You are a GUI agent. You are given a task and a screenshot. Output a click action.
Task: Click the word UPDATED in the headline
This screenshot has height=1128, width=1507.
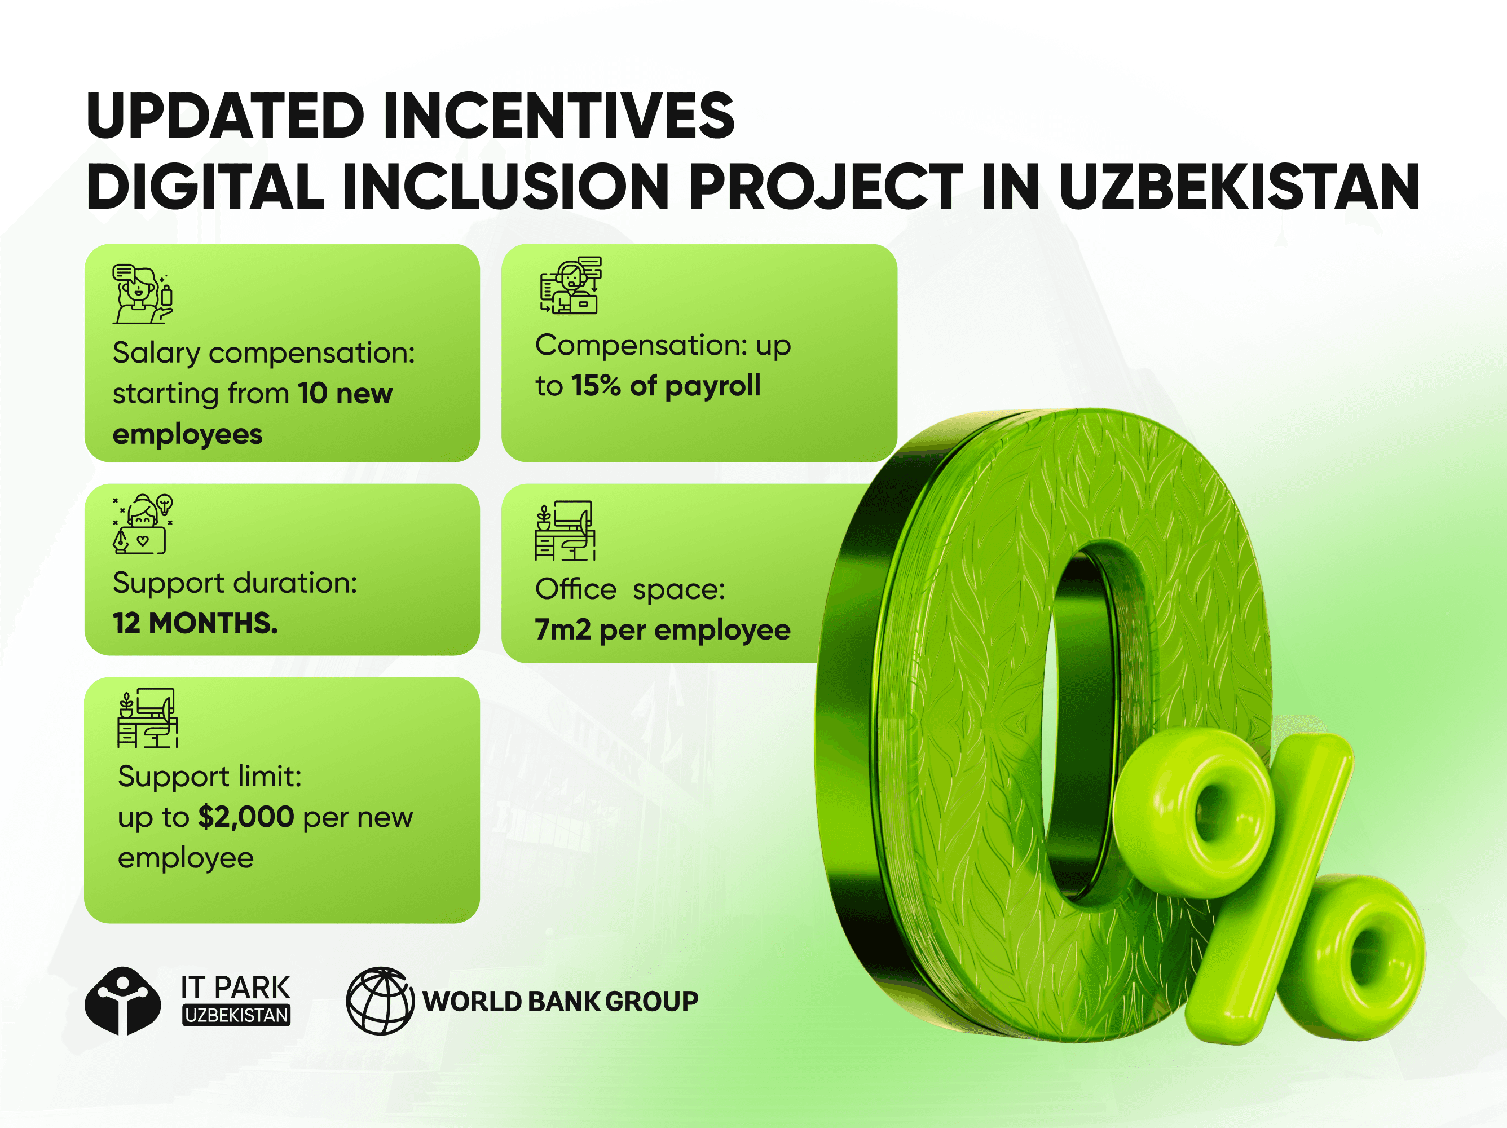[x=226, y=116]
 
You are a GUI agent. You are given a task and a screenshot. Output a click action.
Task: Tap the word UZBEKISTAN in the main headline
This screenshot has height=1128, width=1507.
[x=1239, y=187]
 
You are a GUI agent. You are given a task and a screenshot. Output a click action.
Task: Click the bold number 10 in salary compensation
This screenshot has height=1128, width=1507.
[x=312, y=394]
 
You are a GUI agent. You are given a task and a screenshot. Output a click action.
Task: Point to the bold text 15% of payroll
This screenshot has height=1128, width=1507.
[x=666, y=386]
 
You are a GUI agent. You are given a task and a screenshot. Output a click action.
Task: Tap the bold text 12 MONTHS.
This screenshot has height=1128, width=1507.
[x=195, y=623]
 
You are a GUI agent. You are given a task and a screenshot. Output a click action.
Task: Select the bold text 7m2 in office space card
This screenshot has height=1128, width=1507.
[x=562, y=630]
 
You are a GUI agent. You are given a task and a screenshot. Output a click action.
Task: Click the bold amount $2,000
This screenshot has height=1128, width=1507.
[x=245, y=817]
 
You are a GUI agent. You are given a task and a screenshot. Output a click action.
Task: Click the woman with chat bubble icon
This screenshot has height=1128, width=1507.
[x=142, y=294]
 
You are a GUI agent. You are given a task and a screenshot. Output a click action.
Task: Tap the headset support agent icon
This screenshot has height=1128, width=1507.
[x=570, y=285]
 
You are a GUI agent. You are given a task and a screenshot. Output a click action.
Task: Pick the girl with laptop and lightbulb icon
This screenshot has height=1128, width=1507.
[x=142, y=524]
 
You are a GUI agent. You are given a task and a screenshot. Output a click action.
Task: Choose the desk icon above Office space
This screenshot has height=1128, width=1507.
[x=565, y=531]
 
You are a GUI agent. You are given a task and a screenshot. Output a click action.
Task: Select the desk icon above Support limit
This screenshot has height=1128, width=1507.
[x=147, y=718]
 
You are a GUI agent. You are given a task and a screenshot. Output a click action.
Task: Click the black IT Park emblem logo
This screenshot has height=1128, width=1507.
[x=122, y=1001]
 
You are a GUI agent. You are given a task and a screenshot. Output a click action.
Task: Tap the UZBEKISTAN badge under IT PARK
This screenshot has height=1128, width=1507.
[x=236, y=1016]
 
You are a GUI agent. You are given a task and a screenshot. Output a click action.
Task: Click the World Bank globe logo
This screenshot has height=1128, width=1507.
[x=380, y=1001]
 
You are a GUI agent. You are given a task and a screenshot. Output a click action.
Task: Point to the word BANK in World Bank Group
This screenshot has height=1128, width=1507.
[x=564, y=1001]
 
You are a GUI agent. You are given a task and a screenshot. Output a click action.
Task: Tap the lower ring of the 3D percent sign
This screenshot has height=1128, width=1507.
[x=1359, y=957]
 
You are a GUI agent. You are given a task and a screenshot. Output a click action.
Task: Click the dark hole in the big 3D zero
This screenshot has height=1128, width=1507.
[x=1083, y=722]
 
